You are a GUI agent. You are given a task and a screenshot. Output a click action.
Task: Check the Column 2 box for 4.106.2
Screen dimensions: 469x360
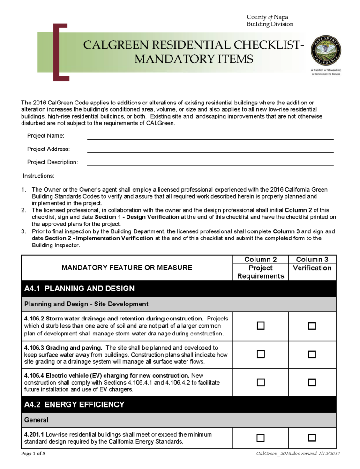pos(261,326)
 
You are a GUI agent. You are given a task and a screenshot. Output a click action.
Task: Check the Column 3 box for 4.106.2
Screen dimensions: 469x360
pos(312,326)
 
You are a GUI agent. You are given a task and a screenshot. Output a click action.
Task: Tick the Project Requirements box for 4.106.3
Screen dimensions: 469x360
pos(261,355)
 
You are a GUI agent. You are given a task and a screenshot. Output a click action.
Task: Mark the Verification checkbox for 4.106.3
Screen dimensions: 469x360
pos(312,355)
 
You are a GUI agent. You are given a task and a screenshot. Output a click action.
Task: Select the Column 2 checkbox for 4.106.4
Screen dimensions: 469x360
pos(261,382)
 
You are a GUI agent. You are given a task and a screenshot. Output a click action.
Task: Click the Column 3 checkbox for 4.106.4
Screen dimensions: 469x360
pos(312,382)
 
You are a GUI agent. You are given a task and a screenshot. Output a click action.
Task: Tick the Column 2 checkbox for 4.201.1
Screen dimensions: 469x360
pos(261,438)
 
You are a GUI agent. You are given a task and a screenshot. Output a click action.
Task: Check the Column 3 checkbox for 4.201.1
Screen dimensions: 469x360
pos(312,438)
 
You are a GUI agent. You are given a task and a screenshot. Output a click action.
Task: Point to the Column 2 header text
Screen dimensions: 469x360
pos(261,260)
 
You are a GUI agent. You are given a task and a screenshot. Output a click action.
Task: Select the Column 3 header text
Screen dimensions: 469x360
pos(312,260)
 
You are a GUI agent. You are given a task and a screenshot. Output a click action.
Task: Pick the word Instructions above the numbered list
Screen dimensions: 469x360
pos(39,176)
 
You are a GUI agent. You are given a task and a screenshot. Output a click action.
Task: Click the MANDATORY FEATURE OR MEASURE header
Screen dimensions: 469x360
pos(127,268)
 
